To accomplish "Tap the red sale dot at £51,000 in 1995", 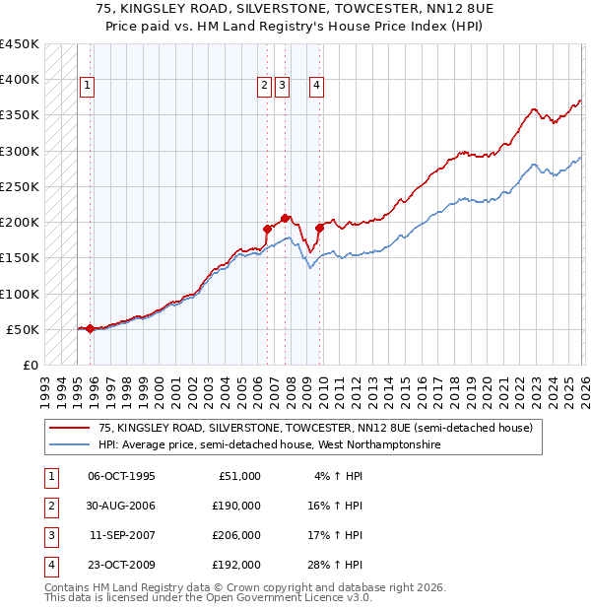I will [90, 328].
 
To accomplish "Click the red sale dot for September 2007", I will [285, 218].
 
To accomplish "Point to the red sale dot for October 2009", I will [319, 228].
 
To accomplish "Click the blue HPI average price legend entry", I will [270, 445].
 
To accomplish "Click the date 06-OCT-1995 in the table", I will [121, 475].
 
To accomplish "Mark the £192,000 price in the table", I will [236, 565].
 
